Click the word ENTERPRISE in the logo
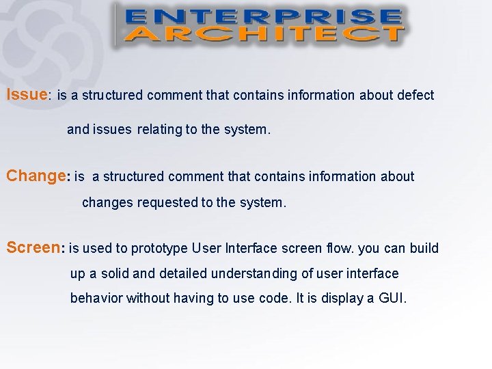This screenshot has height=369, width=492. (x=263, y=16)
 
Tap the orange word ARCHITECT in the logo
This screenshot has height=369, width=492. (x=263, y=33)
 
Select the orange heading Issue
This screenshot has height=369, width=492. (x=26, y=94)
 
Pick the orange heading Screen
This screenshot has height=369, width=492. (x=33, y=247)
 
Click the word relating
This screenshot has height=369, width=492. (x=159, y=129)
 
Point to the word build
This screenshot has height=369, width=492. (x=424, y=247)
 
